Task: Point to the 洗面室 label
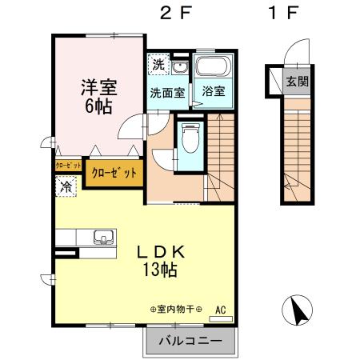click(x=167, y=92)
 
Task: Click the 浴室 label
click(x=213, y=91)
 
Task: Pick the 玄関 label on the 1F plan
click(x=298, y=81)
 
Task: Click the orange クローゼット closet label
click(x=114, y=172)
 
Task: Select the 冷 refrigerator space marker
click(x=64, y=184)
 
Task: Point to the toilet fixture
click(x=190, y=141)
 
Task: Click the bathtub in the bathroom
click(x=213, y=66)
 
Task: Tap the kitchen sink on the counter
click(x=103, y=237)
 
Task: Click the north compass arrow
click(x=298, y=310)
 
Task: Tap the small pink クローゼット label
click(x=68, y=166)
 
